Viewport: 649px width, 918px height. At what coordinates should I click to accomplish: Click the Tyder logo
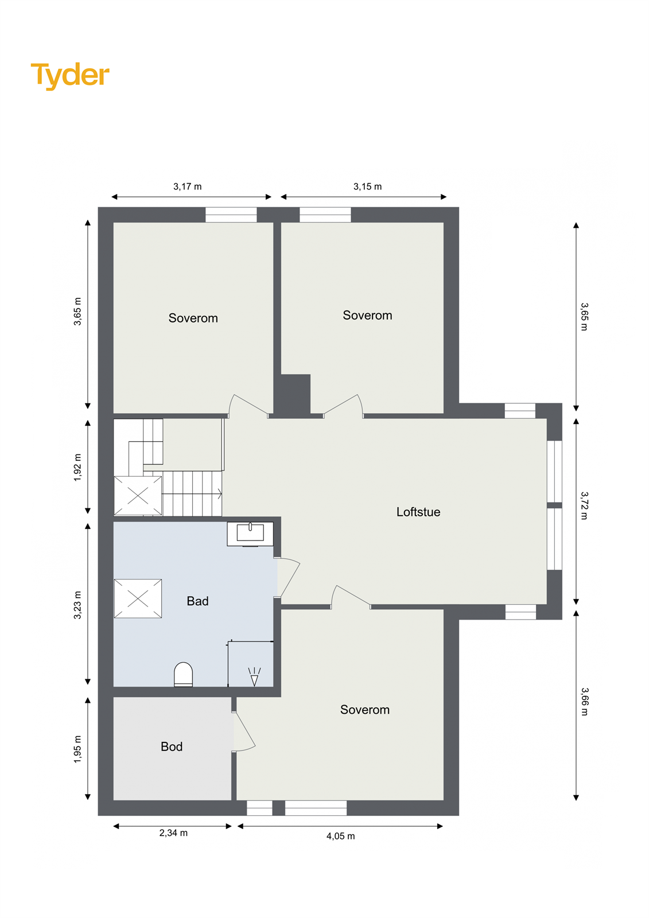70,75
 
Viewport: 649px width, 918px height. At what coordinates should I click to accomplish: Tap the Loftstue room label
418,512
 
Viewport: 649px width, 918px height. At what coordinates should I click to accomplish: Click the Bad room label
197,601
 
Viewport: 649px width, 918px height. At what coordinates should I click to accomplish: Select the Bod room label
172,746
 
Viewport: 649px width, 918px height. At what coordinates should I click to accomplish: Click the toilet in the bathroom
183,675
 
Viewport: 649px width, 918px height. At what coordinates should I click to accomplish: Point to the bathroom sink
250,533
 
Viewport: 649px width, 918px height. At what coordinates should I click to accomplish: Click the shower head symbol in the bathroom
254,677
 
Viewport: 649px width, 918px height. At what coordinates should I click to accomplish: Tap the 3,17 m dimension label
188,186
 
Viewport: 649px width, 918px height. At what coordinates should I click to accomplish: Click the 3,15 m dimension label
367,186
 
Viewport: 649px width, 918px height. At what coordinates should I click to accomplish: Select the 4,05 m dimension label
340,836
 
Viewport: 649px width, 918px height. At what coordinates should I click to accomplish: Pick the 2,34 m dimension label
173,833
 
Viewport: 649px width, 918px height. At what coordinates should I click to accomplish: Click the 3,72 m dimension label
584,505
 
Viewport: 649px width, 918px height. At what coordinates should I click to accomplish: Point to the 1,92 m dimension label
78,467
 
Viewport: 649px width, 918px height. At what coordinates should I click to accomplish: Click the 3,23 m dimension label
78,605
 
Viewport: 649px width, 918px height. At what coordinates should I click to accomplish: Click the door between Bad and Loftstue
289,578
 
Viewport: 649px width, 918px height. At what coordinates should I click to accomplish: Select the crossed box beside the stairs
138,496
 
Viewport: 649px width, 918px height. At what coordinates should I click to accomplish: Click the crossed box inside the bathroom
138,598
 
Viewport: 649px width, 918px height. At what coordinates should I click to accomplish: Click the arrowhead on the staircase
219,493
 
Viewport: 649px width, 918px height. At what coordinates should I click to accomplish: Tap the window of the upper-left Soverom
231,215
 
